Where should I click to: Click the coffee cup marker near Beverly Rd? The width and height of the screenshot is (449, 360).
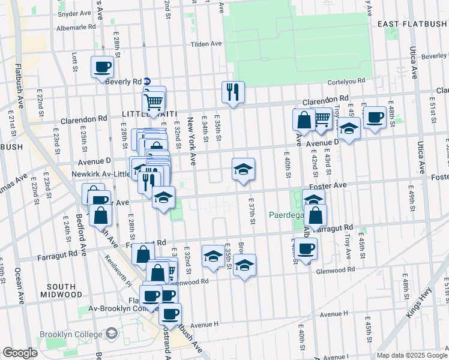click(x=102, y=67)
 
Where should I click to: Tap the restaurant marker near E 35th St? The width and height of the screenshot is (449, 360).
click(x=233, y=92)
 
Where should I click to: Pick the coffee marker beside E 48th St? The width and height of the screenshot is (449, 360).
click(x=375, y=117)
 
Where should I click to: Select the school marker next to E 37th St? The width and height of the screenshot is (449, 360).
click(x=243, y=169)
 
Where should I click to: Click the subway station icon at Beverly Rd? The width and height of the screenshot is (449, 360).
click(x=155, y=82)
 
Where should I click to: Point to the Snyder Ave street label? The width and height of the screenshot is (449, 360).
click(x=74, y=13)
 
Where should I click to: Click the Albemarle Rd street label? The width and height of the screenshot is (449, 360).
click(x=76, y=27)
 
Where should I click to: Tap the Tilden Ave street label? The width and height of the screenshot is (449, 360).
click(x=206, y=44)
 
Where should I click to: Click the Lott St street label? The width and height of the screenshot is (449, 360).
click(x=74, y=61)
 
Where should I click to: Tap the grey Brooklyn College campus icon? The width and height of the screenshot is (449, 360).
click(x=111, y=333)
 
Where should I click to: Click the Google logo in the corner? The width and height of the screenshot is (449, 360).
click(x=20, y=353)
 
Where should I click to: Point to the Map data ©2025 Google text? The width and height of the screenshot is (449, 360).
click(x=412, y=355)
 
